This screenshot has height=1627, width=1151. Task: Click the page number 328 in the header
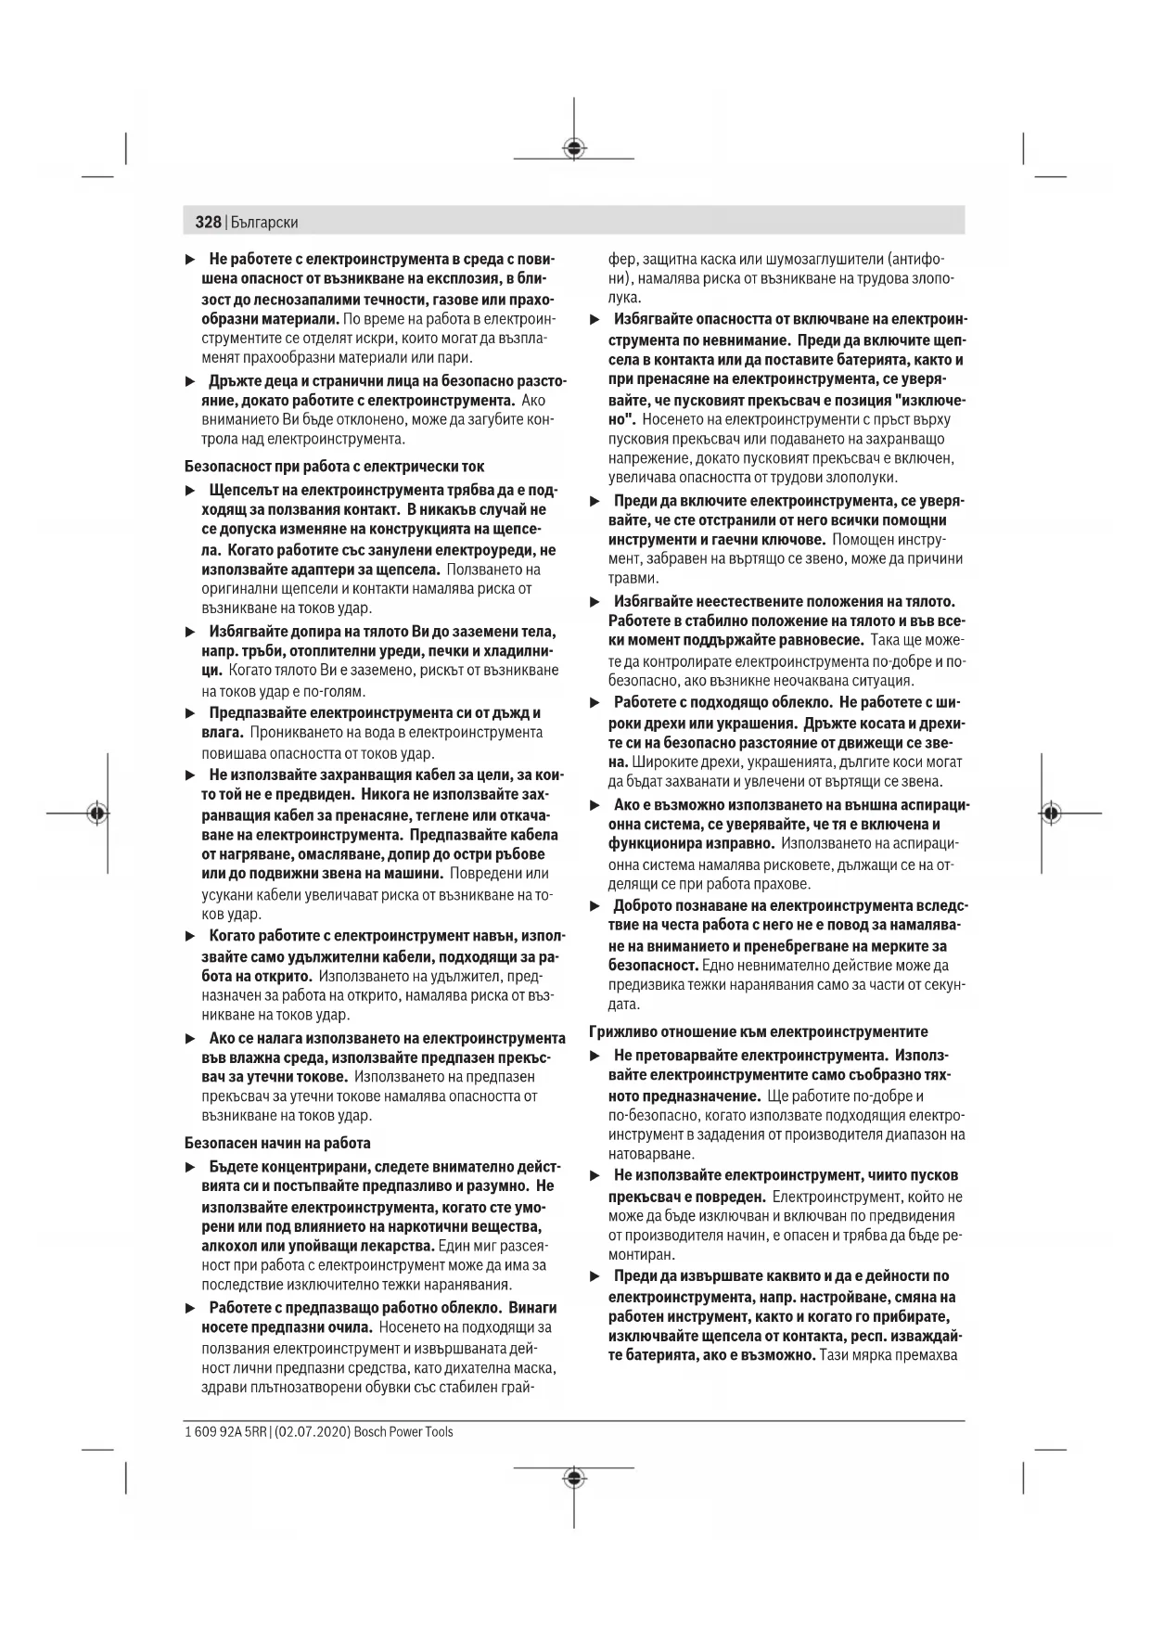click(x=208, y=222)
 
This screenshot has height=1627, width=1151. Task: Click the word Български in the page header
click(x=264, y=223)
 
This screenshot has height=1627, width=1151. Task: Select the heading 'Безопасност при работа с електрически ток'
click(x=334, y=466)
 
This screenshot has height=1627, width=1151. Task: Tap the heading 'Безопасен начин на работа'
click(x=277, y=1143)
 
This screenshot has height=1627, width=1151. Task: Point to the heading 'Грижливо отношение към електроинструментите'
click(x=759, y=1031)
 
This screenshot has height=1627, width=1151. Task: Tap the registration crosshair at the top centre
click(x=574, y=147)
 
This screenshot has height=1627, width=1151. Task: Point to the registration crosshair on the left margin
click(x=96, y=813)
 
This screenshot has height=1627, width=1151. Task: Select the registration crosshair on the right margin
click(x=1049, y=813)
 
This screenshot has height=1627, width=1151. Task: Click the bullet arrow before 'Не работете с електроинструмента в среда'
click(x=190, y=259)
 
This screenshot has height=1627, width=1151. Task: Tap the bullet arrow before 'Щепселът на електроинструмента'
click(x=190, y=489)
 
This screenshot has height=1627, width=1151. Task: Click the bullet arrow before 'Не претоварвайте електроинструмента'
click(x=595, y=1056)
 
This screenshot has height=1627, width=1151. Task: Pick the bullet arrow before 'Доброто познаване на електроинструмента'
click(x=595, y=905)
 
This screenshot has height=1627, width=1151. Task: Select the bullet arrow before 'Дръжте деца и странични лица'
click(x=190, y=380)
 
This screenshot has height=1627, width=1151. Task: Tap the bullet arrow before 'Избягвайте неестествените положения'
click(x=595, y=601)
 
